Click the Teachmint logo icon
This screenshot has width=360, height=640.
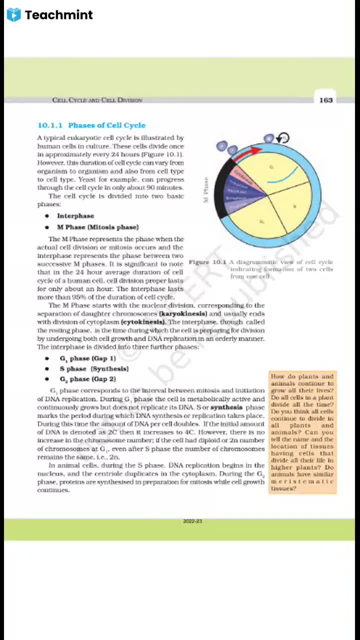[14, 15]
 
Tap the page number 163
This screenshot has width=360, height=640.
[325, 100]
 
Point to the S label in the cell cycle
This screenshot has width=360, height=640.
[294, 206]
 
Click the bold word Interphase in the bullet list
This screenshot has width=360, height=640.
[75, 216]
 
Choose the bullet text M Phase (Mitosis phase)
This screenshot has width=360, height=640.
[97, 227]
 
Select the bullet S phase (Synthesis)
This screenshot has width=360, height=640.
[94, 368]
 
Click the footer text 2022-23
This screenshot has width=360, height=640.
[192, 521]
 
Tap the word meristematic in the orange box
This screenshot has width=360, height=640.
[302, 481]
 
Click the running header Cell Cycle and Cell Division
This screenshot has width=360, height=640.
[97, 100]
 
